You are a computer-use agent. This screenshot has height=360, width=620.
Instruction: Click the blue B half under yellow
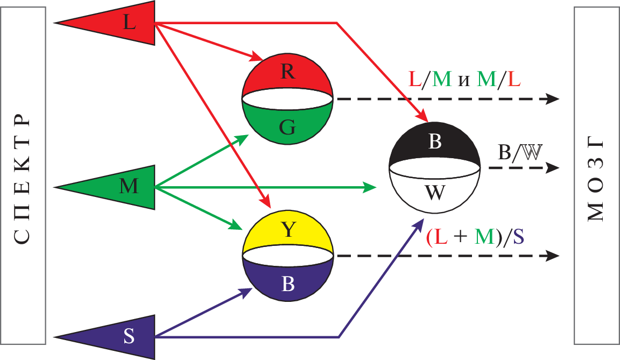click(x=288, y=283)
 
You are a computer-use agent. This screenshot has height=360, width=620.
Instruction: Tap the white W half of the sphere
click(x=435, y=192)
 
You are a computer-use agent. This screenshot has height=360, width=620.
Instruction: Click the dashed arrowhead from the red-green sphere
click(x=553, y=98)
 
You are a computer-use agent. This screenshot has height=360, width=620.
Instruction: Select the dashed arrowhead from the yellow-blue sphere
click(x=553, y=255)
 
